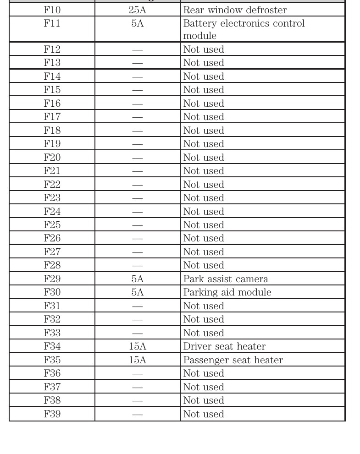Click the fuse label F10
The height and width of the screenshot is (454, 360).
pos(52,10)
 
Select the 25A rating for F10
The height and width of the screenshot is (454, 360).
pos(137,10)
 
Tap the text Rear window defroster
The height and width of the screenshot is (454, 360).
pos(235,10)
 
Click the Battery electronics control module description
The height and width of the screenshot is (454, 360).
pos(244,29)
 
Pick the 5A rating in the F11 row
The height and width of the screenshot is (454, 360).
pos(137,23)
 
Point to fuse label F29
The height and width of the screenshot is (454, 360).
pos(52,279)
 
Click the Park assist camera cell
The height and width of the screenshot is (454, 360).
pos(226,279)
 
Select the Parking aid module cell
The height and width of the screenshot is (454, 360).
pos(227,292)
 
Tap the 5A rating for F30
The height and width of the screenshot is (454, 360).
pos(137,292)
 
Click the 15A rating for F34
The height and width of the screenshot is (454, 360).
pos(137,346)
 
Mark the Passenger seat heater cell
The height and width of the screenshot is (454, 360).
pos(233,360)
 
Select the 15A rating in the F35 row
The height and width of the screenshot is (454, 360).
pos(137,360)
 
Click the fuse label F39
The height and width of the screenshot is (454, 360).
pos(52,414)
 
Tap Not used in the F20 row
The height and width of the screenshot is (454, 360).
pos(204,158)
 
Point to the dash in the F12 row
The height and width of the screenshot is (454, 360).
pos(137,49)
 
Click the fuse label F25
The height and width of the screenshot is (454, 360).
pos(52,225)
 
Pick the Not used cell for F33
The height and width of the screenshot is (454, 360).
pos(204,333)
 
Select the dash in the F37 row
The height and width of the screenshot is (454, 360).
pos(137,387)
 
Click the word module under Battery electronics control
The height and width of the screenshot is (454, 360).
pos(200,36)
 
